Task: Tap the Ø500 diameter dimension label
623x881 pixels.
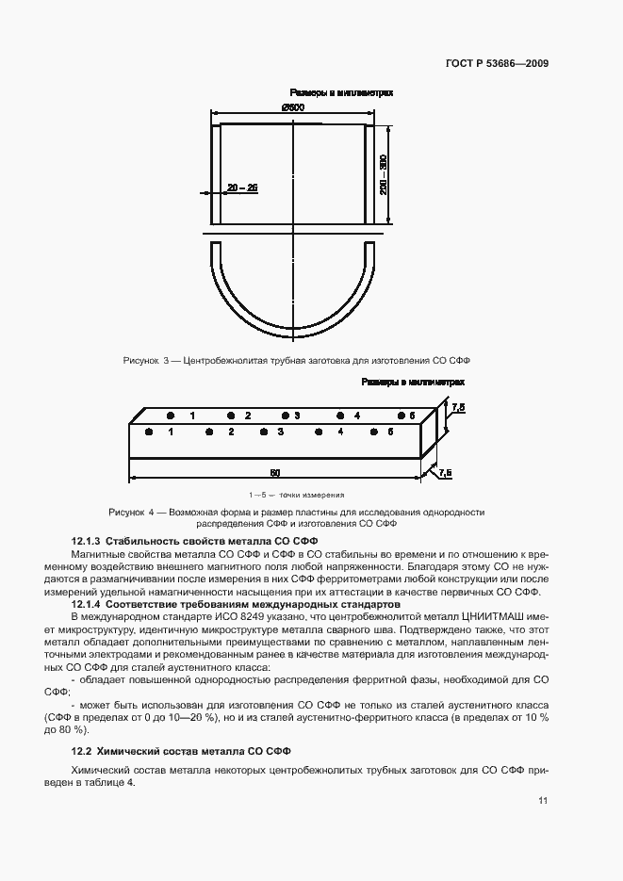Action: point(292,107)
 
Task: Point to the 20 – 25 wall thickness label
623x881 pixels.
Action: point(242,188)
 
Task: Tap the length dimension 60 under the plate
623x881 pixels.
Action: point(274,471)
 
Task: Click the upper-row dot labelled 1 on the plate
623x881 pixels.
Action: point(171,416)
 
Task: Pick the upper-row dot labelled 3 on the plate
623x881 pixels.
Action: point(285,416)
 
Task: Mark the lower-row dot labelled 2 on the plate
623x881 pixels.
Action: point(209,432)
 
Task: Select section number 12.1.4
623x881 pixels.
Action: point(86,603)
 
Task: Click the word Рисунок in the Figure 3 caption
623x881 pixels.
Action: point(140,361)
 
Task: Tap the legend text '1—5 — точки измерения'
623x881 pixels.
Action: point(297,495)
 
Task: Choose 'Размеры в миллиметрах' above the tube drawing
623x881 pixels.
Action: point(341,93)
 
